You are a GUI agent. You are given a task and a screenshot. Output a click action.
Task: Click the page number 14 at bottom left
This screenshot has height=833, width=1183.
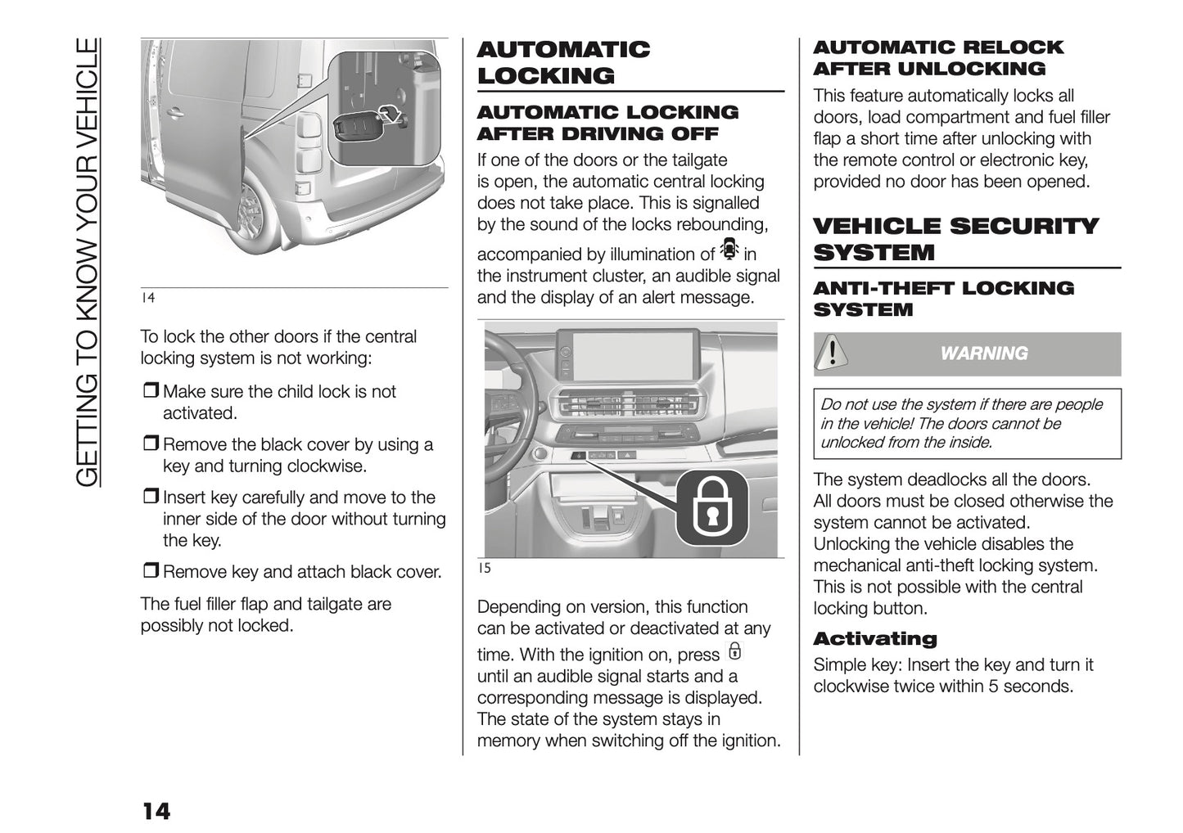[x=156, y=811]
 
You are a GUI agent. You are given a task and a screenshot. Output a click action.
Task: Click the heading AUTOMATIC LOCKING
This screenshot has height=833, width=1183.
[x=563, y=62]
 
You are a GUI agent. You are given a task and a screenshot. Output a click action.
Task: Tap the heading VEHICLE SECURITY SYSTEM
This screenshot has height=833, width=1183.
[x=955, y=239]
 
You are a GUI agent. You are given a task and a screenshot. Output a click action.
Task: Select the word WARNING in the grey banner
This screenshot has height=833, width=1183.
[x=983, y=353]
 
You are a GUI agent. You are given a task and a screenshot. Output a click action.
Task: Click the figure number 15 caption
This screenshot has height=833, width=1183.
[x=484, y=568]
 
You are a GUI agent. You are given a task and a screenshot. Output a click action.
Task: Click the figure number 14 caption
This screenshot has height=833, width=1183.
[x=147, y=298]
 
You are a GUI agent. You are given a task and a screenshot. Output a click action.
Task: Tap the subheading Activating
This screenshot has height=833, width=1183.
[x=874, y=639]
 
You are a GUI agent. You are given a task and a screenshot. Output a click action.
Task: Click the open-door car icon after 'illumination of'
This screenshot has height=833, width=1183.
[x=729, y=249]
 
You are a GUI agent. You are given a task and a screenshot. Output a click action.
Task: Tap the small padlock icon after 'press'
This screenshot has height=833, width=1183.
[x=734, y=651]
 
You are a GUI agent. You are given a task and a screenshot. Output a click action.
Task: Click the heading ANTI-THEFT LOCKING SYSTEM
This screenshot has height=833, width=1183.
[x=943, y=299]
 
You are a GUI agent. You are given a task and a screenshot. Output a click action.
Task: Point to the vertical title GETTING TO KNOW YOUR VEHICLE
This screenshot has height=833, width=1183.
[x=87, y=262]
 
